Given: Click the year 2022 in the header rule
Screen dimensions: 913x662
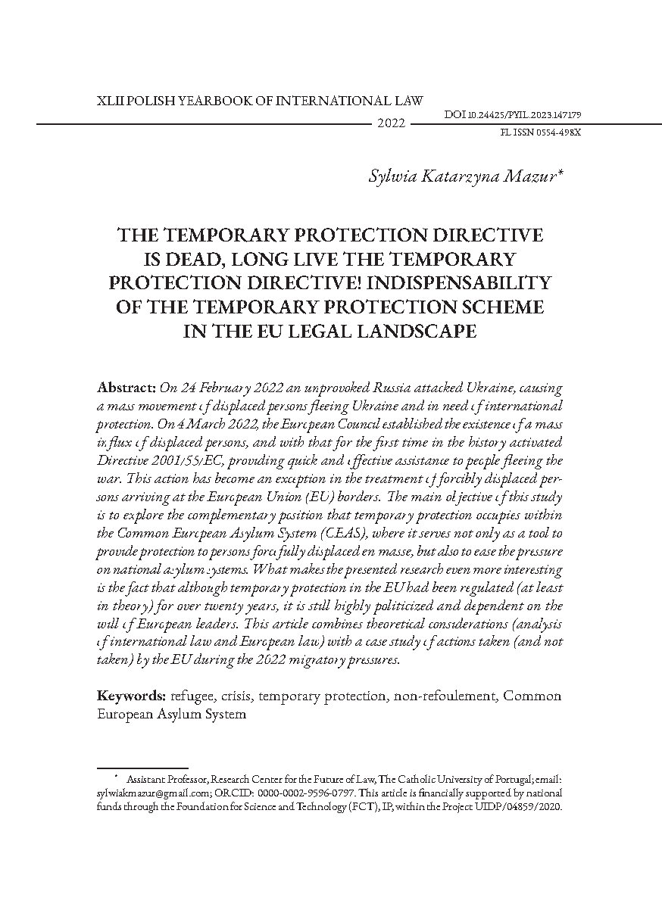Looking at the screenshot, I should point(391,123).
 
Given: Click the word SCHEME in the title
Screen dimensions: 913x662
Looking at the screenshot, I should point(501,306).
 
